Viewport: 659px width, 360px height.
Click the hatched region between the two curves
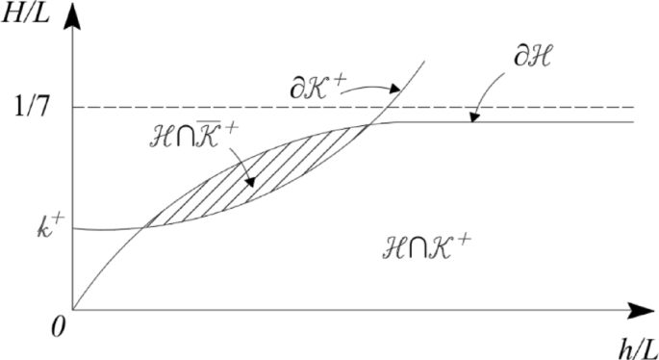260,183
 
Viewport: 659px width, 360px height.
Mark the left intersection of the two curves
144,227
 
